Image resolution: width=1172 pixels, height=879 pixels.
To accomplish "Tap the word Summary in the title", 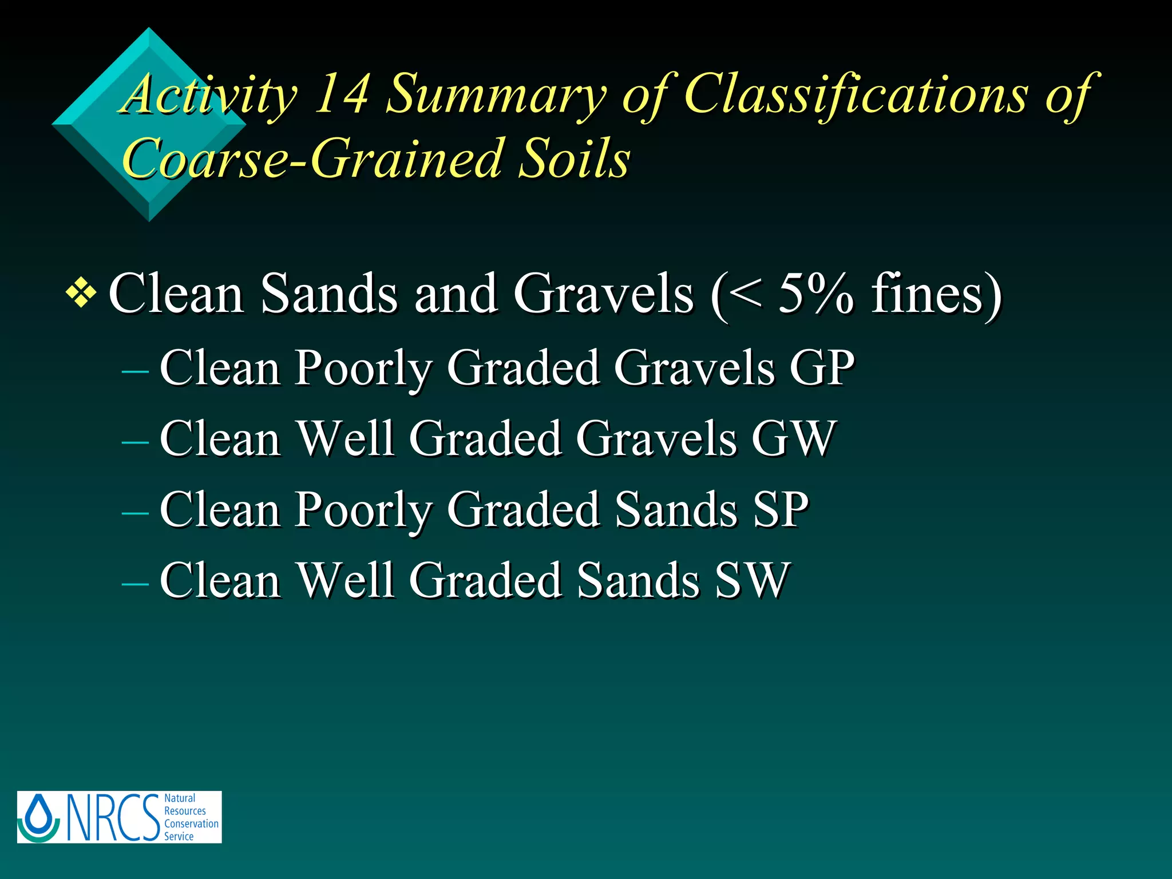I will pos(496,94).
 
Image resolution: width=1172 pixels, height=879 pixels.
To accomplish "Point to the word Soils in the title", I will pos(574,159).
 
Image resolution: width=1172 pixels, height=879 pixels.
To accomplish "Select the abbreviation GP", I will pos(822,368).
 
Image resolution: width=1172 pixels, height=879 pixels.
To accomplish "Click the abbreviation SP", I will pos(781,509).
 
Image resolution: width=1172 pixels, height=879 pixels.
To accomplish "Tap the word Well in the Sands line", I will pos(346,580).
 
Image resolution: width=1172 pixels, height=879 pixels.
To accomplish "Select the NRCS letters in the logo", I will pos(113,817).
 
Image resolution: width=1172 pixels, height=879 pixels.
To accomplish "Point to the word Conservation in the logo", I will pos(191,823).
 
